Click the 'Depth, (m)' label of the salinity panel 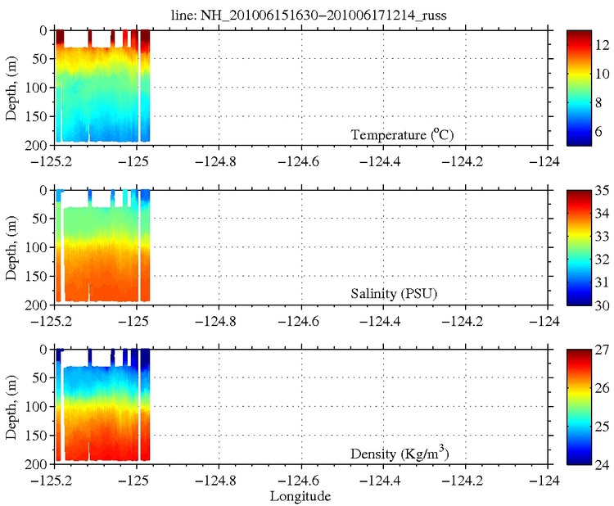coord(11,247)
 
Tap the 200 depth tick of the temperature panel coord(38,145)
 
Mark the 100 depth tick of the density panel coord(38,406)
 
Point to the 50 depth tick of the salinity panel coord(40,219)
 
